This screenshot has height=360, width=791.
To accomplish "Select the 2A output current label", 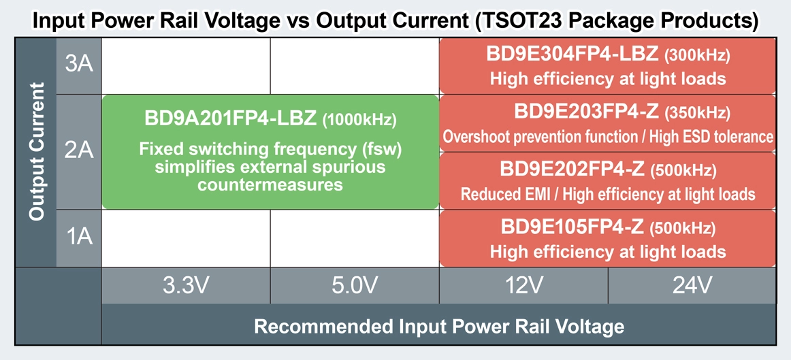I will [79, 150].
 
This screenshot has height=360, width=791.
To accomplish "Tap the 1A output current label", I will [79, 237].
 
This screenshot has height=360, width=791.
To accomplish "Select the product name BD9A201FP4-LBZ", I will [231, 118].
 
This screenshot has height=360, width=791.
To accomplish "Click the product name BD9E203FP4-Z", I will [586, 112].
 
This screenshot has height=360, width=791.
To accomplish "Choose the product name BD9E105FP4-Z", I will [573, 227].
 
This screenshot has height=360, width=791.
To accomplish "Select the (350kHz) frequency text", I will [696, 112].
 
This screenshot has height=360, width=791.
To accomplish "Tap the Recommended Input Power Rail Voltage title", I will [439, 326].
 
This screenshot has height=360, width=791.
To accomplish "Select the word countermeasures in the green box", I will [270, 184].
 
